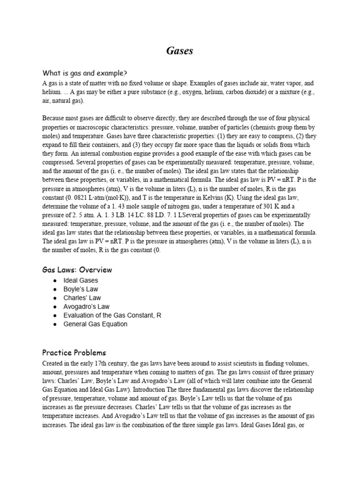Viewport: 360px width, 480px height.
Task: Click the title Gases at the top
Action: click(x=180, y=51)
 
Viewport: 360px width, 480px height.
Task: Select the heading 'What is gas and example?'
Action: click(x=85, y=73)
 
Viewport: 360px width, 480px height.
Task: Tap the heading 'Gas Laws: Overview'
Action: click(x=77, y=270)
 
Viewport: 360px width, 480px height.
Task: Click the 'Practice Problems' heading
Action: click(x=74, y=352)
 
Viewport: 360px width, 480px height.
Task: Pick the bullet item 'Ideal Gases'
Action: click(x=81, y=280)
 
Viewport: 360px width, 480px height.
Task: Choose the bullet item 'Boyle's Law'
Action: click(x=81, y=289)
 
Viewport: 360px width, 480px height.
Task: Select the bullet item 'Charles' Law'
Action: click(x=82, y=298)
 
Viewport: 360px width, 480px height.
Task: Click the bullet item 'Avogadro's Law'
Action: click(x=87, y=307)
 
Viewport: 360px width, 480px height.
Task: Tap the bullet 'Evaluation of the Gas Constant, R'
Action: click(x=112, y=315)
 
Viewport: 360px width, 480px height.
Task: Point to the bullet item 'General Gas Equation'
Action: click(x=96, y=324)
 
